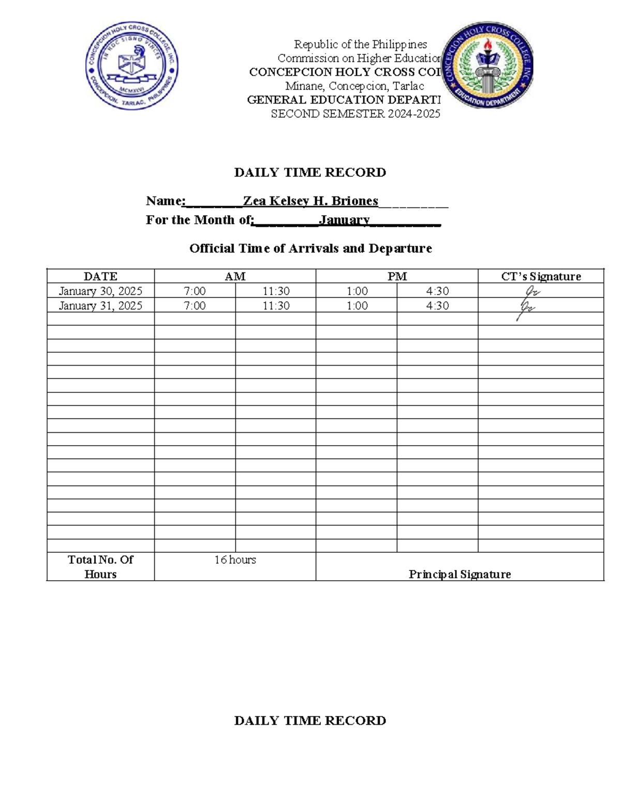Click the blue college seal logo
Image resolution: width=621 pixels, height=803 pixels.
coord(132,66)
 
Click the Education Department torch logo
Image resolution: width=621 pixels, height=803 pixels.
coord(487,65)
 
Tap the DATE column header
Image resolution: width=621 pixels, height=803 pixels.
coord(100,277)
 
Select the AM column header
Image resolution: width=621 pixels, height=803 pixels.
coord(235,277)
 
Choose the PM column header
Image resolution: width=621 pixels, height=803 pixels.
coord(397,277)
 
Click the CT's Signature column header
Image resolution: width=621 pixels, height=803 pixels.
coord(541,277)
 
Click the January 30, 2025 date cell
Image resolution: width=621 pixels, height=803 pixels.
coord(100,291)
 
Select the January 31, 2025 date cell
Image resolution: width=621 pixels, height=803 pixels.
coord(100,306)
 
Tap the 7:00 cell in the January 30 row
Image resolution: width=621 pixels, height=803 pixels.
coord(195,291)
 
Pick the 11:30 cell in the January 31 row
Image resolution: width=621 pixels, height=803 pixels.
coord(276,306)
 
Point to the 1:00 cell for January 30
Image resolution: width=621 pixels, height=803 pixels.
coord(357,291)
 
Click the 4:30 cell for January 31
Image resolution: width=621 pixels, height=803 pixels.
coord(437,306)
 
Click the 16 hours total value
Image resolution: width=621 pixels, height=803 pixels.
coord(235,560)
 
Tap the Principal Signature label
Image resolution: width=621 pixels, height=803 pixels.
coord(460,574)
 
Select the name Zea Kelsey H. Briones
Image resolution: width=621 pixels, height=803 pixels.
coord(310,201)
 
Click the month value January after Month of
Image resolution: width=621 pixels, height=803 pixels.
coord(344,220)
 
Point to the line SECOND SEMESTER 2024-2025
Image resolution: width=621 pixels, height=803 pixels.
coord(356,114)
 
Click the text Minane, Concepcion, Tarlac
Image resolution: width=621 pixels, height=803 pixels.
coord(354,86)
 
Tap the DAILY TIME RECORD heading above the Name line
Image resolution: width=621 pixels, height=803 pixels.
coord(310,173)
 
